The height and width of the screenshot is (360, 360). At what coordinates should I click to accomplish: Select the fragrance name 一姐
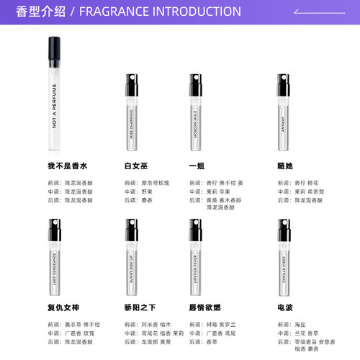[196, 166]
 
